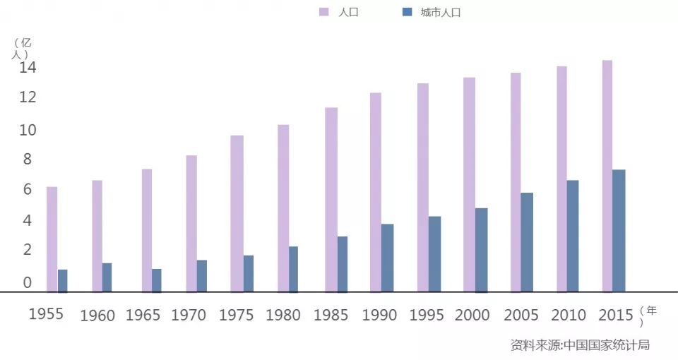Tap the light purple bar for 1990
coord(375,192)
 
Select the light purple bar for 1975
coord(237,213)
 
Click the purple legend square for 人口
coord(324,12)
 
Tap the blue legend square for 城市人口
coord(406,12)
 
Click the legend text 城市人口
coord(440,12)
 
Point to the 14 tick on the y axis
coord(28,68)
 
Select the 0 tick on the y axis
coord(28,282)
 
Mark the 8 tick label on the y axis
coord(28,160)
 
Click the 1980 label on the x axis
coord(283,315)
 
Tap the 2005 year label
coord(521,315)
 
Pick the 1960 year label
coord(97,316)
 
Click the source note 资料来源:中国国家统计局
coord(579,345)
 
